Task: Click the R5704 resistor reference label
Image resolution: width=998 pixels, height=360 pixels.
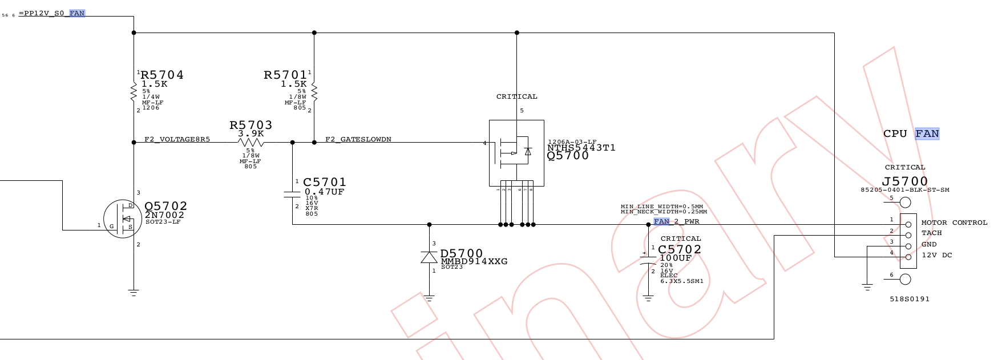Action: click(162, 75)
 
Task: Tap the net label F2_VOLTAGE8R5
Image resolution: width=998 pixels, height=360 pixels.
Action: click(177, 139)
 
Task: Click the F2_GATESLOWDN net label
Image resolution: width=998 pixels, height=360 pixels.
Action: click(358, 139)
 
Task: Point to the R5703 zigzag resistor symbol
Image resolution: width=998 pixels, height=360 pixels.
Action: click(250, 143)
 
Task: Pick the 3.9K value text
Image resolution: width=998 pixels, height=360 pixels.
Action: click(251, 134)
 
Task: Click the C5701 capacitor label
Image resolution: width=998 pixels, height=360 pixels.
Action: click(325, 183)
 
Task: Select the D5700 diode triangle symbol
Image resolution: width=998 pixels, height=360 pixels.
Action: click(429, 257)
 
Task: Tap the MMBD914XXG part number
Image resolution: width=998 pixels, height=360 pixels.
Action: click(474, 261)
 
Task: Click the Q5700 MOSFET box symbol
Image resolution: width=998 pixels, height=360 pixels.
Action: click(516, 153)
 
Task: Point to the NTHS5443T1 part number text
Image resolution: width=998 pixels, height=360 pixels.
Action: click(581, 148)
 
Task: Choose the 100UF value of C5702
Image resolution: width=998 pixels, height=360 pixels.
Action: click(676, 258)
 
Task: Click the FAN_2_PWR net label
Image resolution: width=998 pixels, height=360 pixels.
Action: click(676, 221)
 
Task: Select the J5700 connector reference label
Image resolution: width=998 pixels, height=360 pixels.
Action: click(905, 181)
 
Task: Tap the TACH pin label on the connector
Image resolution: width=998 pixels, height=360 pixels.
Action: click(931, 233)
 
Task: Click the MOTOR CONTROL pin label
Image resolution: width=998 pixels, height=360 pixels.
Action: click(954, 223)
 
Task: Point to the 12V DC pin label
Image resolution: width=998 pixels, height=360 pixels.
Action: click(937, 255)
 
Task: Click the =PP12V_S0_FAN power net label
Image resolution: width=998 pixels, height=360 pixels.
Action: click(52, 13)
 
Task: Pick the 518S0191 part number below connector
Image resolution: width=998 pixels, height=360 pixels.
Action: click(910, 299)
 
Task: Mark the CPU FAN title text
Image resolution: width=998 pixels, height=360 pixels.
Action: click(911, 134)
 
